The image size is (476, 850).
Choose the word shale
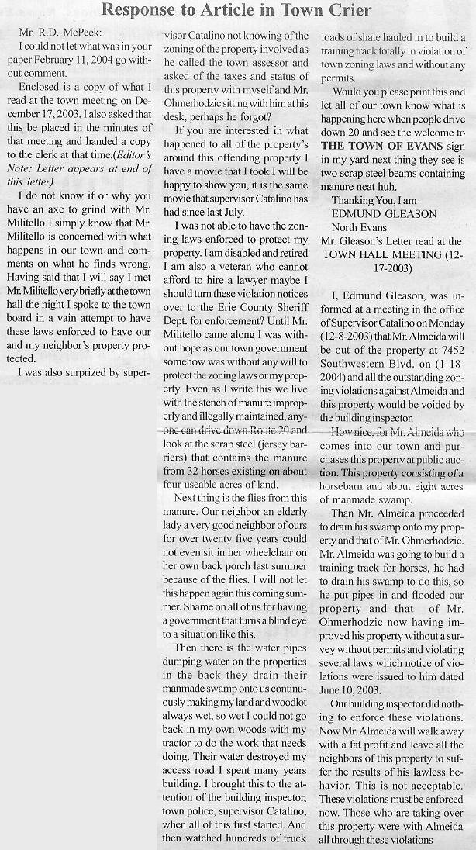(x=365, y=36)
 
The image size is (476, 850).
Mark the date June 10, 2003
(x=357, y=689)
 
